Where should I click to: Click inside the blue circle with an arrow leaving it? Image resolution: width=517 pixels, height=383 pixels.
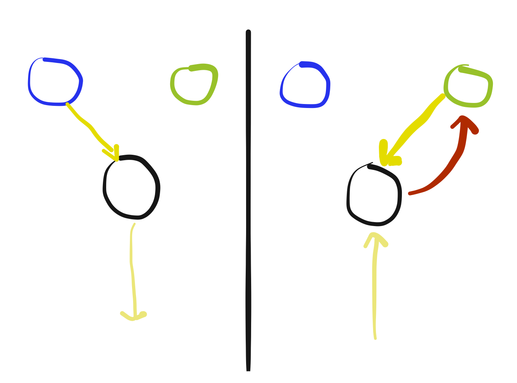pyautogui.click(x=55, y=82)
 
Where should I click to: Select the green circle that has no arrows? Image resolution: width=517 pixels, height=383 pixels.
pyautogui.click(x=194, y=85)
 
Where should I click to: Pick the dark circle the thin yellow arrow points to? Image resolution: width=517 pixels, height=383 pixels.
pyautogui.click(x=131, y=187)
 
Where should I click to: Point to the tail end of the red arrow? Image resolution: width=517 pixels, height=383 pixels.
pyautogui.click(x=410, y=194)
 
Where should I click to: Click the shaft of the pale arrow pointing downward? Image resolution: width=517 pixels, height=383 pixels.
pyautogui.click(x=132, y=270)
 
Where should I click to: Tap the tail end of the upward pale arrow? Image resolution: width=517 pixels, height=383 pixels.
pyautogui.click(x=375, y=338)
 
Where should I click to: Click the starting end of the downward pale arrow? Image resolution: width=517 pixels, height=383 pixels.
pyautogui.click(x=134, y=225)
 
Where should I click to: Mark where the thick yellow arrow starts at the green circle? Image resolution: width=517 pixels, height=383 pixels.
pyautogui.click(x=443, y=96)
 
